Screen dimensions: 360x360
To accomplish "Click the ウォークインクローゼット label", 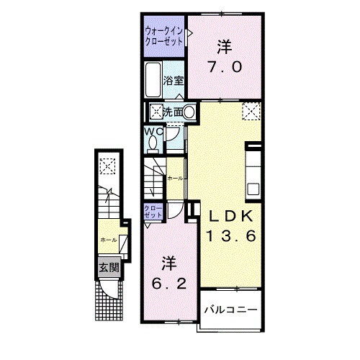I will pyautogui.click(x=162, y=37).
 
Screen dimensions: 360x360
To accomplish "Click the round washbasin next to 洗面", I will pyautogui.click(x=189, y=112).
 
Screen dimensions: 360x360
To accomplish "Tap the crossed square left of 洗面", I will pyautogui.click(x=155, y=112).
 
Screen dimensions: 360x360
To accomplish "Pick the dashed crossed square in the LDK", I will pyautogui.click(x=251, y=111).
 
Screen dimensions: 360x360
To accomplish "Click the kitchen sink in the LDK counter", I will pyautogui.click(x=253, y=190).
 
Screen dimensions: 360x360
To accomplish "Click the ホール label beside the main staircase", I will pyautogui.click(x=174, y=177).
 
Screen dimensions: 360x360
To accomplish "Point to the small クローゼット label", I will pyautogui.click(x=153, y=212).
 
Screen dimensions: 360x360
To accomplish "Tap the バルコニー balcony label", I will pyautogui.click(x=230, y=310).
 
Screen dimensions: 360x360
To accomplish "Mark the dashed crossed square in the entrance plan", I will pyautogui.click(x=107, y=167).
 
